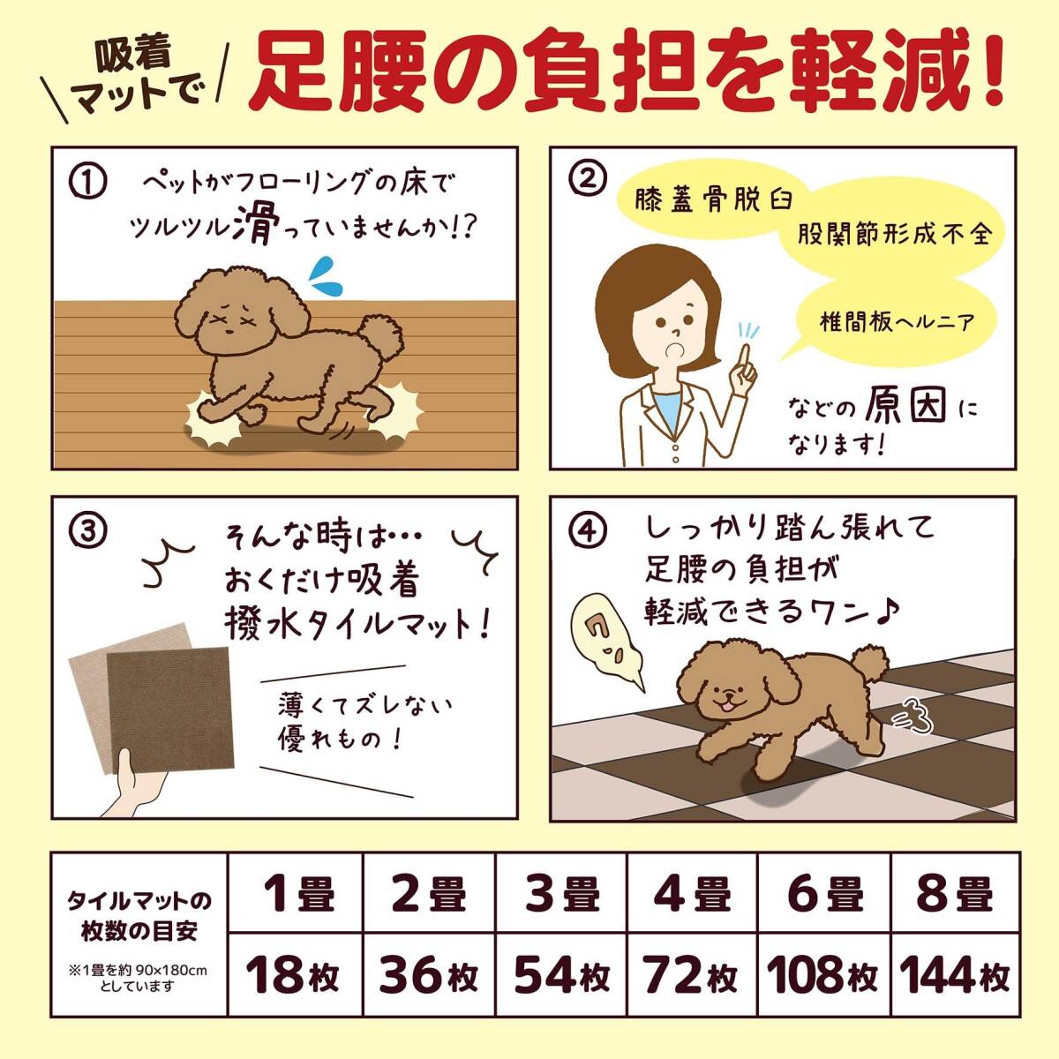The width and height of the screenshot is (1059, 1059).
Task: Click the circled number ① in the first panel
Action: (x=88, y=183)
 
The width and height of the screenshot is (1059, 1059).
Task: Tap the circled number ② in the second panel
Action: (x=586, y=180)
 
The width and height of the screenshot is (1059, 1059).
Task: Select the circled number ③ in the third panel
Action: (x=88, y=529)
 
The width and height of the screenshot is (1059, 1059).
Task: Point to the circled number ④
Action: (x=588, y=532)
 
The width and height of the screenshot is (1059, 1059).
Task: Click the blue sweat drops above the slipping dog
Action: (x=326, y=276)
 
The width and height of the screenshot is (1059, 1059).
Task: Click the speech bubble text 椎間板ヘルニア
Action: (x=897, y=321)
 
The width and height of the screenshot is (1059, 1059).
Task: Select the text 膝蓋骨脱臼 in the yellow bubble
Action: (x=714, y=200)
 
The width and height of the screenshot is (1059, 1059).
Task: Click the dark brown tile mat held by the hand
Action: (x=170, y=710)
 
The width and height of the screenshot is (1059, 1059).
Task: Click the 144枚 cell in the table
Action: (x=955, y=975)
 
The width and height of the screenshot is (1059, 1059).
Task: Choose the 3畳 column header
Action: (x=561, y=893)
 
